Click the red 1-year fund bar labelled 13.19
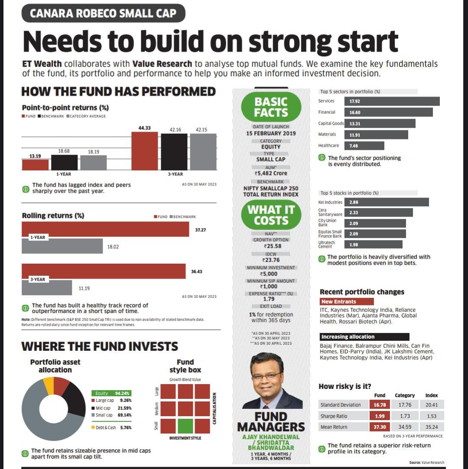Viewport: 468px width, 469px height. (x=35, y=165)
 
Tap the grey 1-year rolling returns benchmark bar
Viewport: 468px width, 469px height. (x=62, y=246)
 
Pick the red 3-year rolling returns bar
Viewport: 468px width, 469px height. (x=104, y=271)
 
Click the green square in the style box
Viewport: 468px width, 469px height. (x=185, y=426)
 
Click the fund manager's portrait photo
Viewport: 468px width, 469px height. (x=272, y=381)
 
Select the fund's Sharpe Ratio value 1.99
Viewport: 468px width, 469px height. (x=380, y=416)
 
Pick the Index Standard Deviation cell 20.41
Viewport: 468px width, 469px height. (x=432, y=405)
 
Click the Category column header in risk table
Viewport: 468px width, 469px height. (x=405, y=395)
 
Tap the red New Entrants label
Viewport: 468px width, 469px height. (x=346, y=301)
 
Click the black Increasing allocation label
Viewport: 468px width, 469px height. (x=364, y=336)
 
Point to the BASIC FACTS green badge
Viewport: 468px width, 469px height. (x=271, y=107)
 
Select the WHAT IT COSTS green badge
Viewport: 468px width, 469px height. (x=271, y=215)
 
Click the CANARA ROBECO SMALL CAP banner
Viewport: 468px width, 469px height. (x=103, y=13)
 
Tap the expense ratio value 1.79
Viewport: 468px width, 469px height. (x=269, y=299)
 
